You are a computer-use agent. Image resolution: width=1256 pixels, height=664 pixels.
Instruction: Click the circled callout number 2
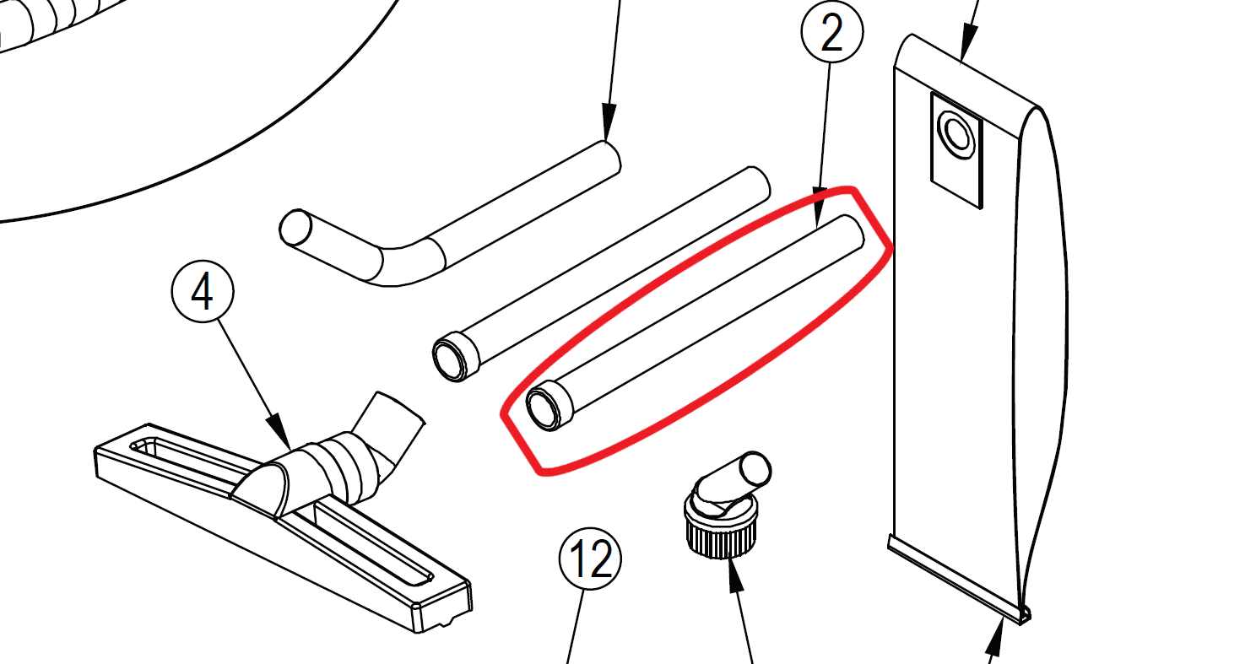[x=832, y=33]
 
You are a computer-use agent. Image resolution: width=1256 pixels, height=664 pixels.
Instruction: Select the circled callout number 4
[x=203, y=291]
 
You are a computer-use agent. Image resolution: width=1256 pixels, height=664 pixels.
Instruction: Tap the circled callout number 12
[x=590, y=559]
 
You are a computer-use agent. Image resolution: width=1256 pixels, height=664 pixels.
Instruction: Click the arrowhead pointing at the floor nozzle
[x=281, y=431]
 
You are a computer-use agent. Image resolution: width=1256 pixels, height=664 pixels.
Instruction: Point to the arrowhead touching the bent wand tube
[x=609, y=122]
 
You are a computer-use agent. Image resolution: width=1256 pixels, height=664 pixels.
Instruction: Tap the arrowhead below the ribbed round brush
[x=734, y=575]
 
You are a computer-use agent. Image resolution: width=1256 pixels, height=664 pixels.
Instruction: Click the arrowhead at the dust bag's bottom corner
[x=997, y=639]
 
